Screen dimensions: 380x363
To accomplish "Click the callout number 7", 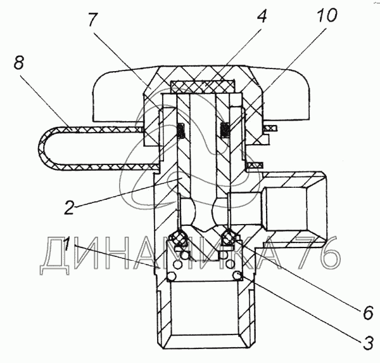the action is pos(92,19).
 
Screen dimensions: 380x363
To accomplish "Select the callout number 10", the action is pos(327,15).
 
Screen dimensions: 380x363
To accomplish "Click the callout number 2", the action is pos(69,207).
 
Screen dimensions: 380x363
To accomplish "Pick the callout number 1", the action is pos(66,244).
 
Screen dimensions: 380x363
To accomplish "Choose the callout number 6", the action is pos(368,313).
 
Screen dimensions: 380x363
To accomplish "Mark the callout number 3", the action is pos(368,343).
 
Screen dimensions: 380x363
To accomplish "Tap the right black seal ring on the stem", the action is pos(225,130).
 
